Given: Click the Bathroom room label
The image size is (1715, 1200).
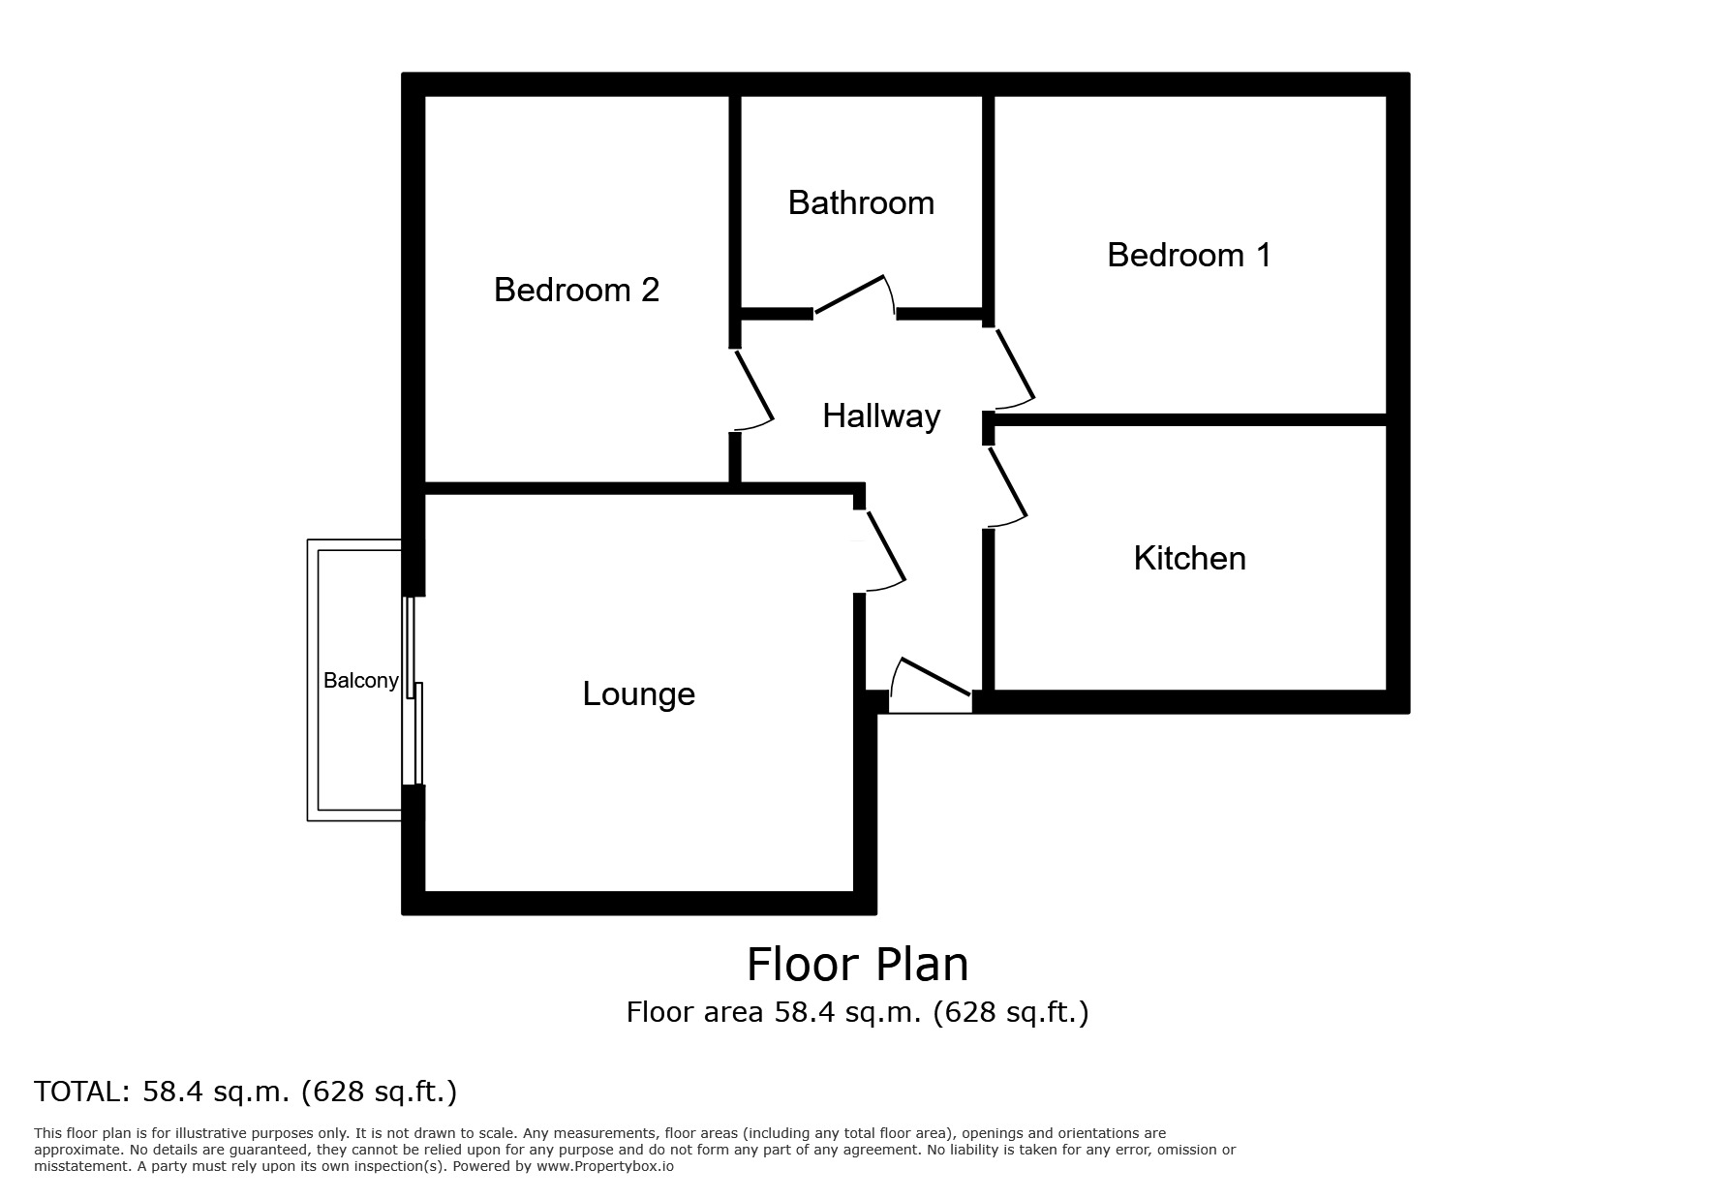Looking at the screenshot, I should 861,202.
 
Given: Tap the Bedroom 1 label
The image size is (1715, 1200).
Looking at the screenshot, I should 1188,255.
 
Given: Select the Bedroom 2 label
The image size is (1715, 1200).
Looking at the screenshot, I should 576,290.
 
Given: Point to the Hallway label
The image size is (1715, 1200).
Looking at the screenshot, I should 881,416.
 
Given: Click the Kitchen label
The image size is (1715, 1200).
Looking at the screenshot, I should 1189,558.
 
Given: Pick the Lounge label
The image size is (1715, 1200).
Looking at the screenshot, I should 638,693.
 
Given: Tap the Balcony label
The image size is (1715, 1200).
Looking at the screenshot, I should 360,681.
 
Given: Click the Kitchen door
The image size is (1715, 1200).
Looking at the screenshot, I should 1007,484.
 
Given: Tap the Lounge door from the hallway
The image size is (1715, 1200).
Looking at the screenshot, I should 885,547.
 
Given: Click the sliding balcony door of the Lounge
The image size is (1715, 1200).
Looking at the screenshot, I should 414,692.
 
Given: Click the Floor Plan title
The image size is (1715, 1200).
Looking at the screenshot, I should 857,965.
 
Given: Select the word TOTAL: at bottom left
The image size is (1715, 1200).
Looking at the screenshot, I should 81,1092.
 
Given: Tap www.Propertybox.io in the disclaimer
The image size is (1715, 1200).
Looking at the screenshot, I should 604,1167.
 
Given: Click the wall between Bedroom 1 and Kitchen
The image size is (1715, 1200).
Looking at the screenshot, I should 1189,419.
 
